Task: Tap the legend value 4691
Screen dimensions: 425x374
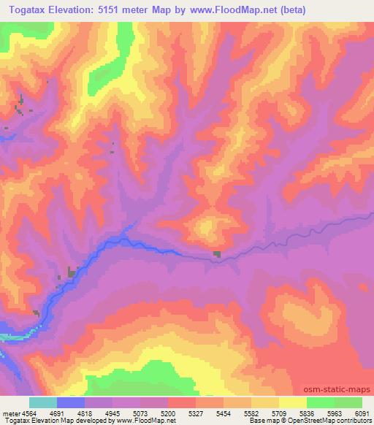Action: (56, 413)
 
